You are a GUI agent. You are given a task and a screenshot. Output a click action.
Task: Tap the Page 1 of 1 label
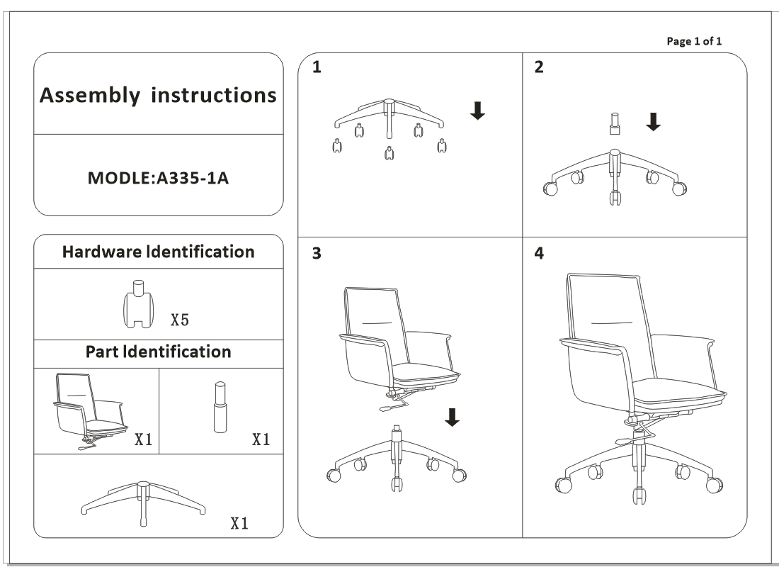pos(694,40)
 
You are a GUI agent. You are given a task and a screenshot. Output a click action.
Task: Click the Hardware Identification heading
pos(158,252)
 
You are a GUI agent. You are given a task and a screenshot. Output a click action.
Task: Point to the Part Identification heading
pos(159,352)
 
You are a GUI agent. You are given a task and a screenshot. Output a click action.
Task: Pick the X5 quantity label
pos(180,320)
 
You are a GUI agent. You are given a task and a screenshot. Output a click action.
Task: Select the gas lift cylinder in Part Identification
pos(220,406)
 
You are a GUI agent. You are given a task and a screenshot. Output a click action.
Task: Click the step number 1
pos(317,68)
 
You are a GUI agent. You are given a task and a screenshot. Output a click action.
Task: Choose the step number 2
pos(539,68)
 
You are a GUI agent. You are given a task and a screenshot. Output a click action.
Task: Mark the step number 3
pos(317,254)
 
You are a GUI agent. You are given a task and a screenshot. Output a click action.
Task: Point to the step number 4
pos(540,254)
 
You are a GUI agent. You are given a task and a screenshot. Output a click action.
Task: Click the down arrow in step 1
pos(478,110)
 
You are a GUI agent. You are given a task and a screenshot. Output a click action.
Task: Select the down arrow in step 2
pos(653,123)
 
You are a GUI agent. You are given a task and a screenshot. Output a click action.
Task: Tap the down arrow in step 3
pos(452,417)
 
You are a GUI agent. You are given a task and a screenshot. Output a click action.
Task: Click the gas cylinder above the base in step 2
pos(613,125)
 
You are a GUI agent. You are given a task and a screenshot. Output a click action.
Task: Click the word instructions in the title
pos(213,95)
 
